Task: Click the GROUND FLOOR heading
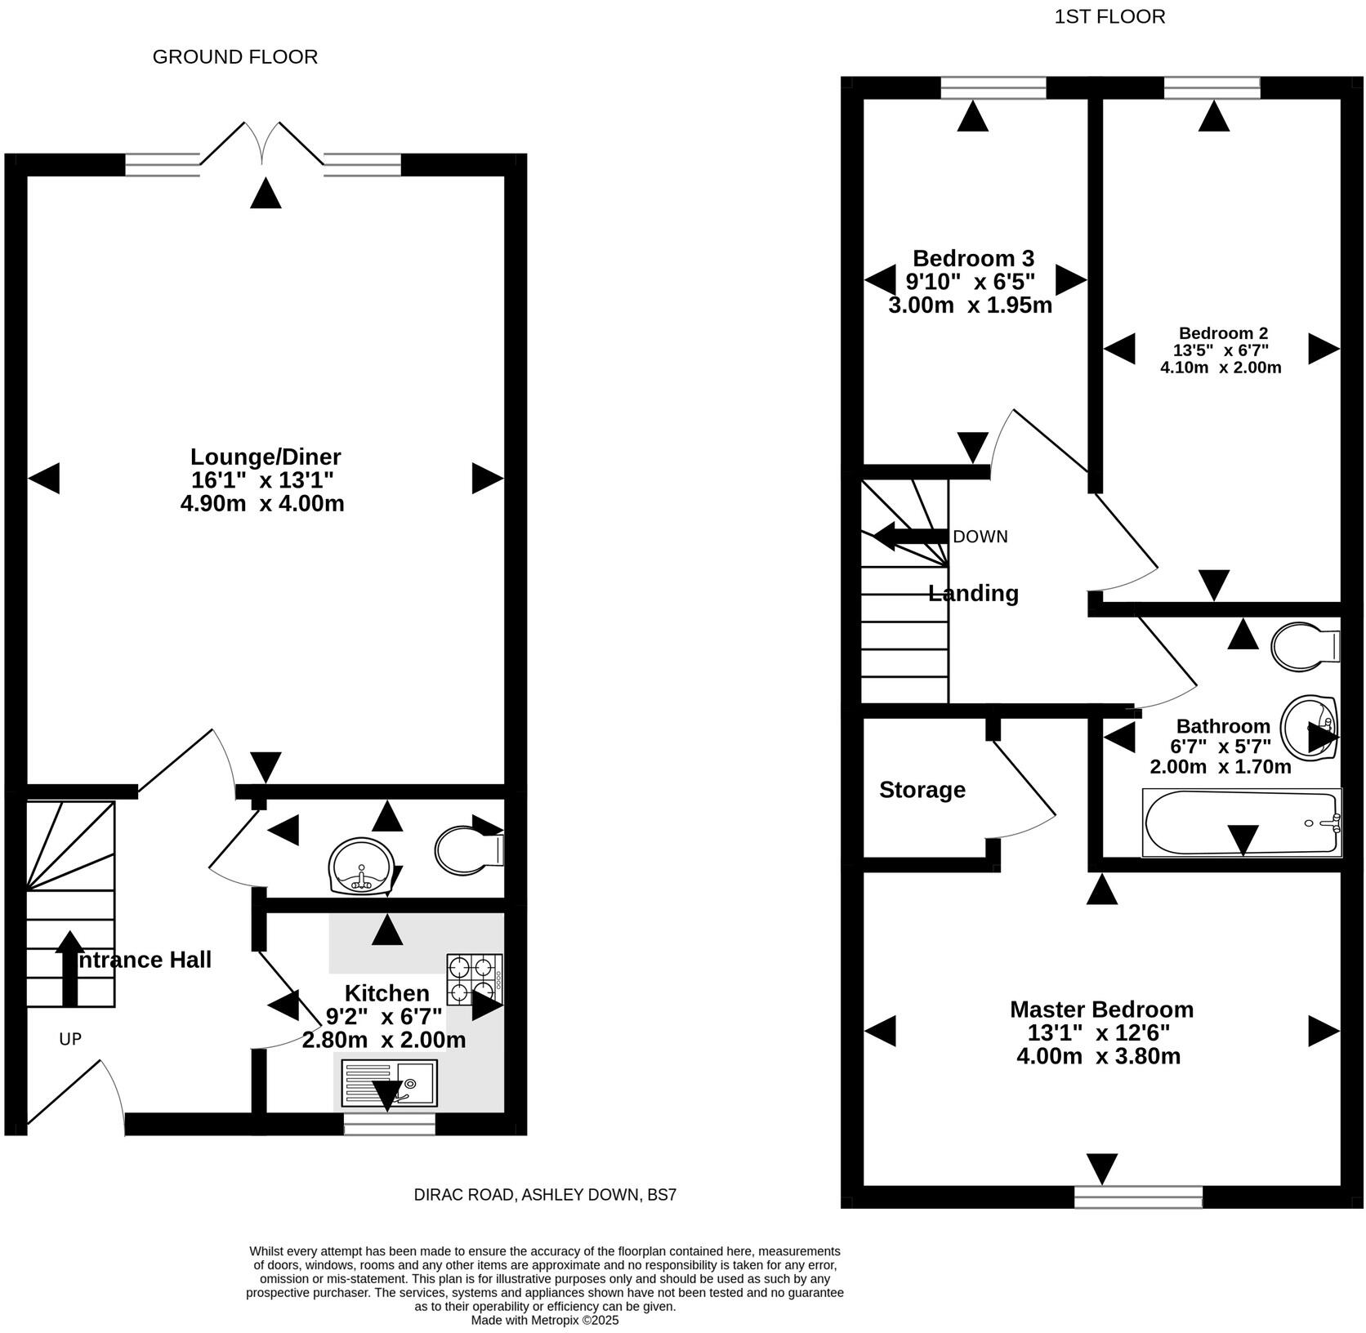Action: [234, 57]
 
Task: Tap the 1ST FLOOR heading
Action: [1109, 17]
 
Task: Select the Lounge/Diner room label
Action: [265, 457]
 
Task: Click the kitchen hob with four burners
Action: [474, 979]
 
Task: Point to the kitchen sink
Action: [389, 1083]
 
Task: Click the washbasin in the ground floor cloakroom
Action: [360, 866]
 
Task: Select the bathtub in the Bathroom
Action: [1241, 822]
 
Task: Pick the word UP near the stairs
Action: [70, 1039]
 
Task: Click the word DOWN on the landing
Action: [980, 537]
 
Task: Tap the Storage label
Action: [922, 790]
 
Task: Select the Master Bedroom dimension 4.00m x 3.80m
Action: [1098, 1056]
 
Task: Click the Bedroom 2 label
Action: [1222, 333]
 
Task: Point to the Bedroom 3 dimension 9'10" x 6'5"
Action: [970, 282]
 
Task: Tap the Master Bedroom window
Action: [1138, 1197]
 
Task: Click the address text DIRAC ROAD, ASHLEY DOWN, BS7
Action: [545, 1195]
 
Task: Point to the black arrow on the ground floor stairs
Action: [69, 969]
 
